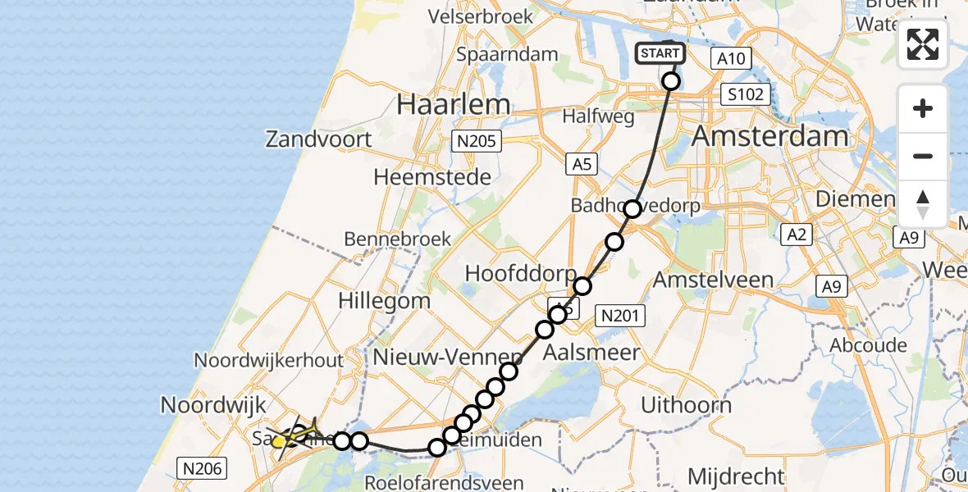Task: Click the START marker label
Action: click(660, 53)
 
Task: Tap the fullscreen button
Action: click(923, 44)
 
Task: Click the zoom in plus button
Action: click(923, 108)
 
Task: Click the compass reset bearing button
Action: click(923, 204)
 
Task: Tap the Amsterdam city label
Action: click(769, 135)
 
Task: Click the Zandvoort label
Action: click(318, 139)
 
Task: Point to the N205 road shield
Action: click(477, 142)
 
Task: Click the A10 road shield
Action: click(731, 58)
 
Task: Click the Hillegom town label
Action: click(384, 300)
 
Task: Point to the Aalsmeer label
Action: click(591, 353)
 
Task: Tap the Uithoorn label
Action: click(686, 404)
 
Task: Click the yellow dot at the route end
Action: click(278, 442)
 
